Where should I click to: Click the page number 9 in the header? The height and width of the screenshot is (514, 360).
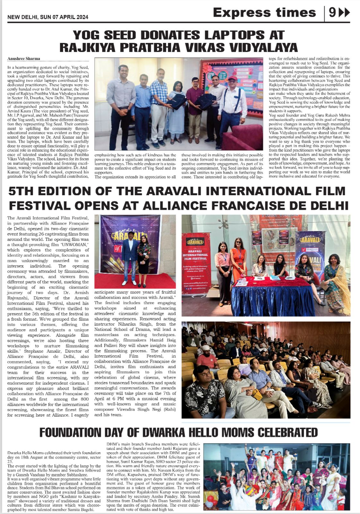(332, 13)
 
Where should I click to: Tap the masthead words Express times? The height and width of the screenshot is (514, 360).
(264, 13)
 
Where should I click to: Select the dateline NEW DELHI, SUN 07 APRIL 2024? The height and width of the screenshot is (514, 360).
(48, 17)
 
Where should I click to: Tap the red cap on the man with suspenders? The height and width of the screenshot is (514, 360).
(233, 78)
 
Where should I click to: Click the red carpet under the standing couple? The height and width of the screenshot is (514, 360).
(135, 281)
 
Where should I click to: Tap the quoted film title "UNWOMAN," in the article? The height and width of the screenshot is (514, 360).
(74, 244)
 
